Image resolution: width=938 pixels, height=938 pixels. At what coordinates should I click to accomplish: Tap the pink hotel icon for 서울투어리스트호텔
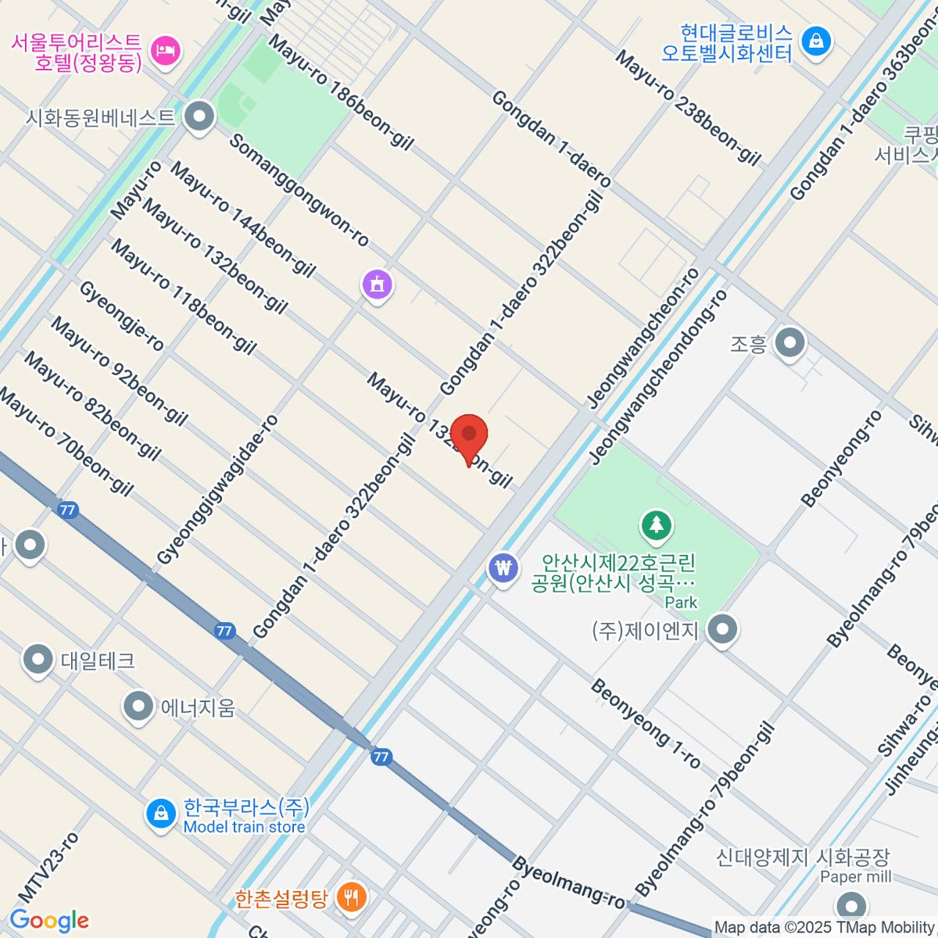click(165, 52)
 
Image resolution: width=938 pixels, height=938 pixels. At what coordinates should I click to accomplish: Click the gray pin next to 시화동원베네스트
click(200, 117)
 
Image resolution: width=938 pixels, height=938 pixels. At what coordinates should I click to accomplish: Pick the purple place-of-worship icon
click(378, 285)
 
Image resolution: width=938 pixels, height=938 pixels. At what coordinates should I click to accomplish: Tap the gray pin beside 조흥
click(790, 342)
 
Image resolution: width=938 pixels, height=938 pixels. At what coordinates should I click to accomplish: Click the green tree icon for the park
click(657, 526)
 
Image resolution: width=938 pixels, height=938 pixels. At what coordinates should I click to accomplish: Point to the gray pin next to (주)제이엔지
click(722, 629)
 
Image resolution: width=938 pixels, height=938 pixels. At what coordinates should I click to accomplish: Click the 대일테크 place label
click(98, 661)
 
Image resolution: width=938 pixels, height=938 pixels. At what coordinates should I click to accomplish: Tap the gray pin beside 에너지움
click(138, 707)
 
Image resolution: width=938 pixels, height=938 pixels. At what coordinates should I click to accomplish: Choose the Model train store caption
click(244, 827)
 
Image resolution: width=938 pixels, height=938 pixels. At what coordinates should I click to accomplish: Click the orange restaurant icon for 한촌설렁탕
click(352, 896)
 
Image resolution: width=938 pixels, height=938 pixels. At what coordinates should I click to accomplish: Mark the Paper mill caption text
click(855, 877)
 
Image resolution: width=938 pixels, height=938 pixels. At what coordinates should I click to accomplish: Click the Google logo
click(49, 920)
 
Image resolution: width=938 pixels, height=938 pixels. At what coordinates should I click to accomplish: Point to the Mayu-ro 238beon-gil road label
click(687, 107)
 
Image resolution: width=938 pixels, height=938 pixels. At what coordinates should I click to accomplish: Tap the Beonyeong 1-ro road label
click(646, 723)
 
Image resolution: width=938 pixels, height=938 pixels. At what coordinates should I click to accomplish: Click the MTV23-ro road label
click(48, 867)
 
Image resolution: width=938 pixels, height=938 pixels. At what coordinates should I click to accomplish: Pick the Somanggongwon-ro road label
click(299, 190)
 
